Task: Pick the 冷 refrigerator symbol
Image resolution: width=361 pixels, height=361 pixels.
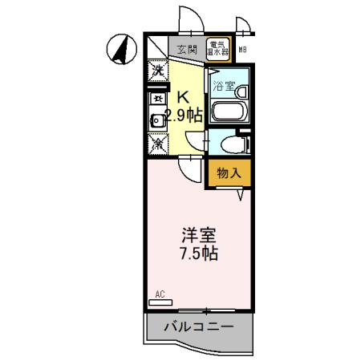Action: pos(157,145)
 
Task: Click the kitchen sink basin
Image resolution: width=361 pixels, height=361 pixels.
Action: pos(157,121)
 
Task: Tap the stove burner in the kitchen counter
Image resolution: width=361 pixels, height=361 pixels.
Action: pos(156,99)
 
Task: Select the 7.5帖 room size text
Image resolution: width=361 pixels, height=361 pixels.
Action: pos(199,254)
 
